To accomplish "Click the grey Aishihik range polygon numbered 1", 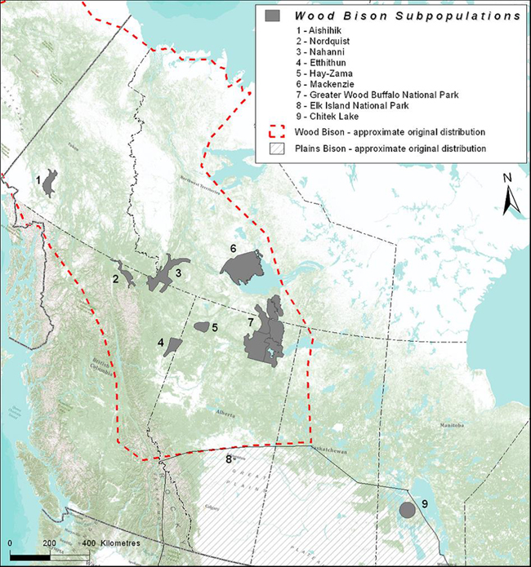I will [x=51, y=183].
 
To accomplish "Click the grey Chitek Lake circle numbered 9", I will [x=407, y=510].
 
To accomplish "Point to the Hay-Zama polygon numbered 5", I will [x=201, y=326].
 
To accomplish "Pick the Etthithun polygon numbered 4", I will [x=172, y=346].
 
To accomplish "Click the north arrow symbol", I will [x=512, y=197].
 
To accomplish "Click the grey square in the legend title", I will [x=274, y=16].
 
